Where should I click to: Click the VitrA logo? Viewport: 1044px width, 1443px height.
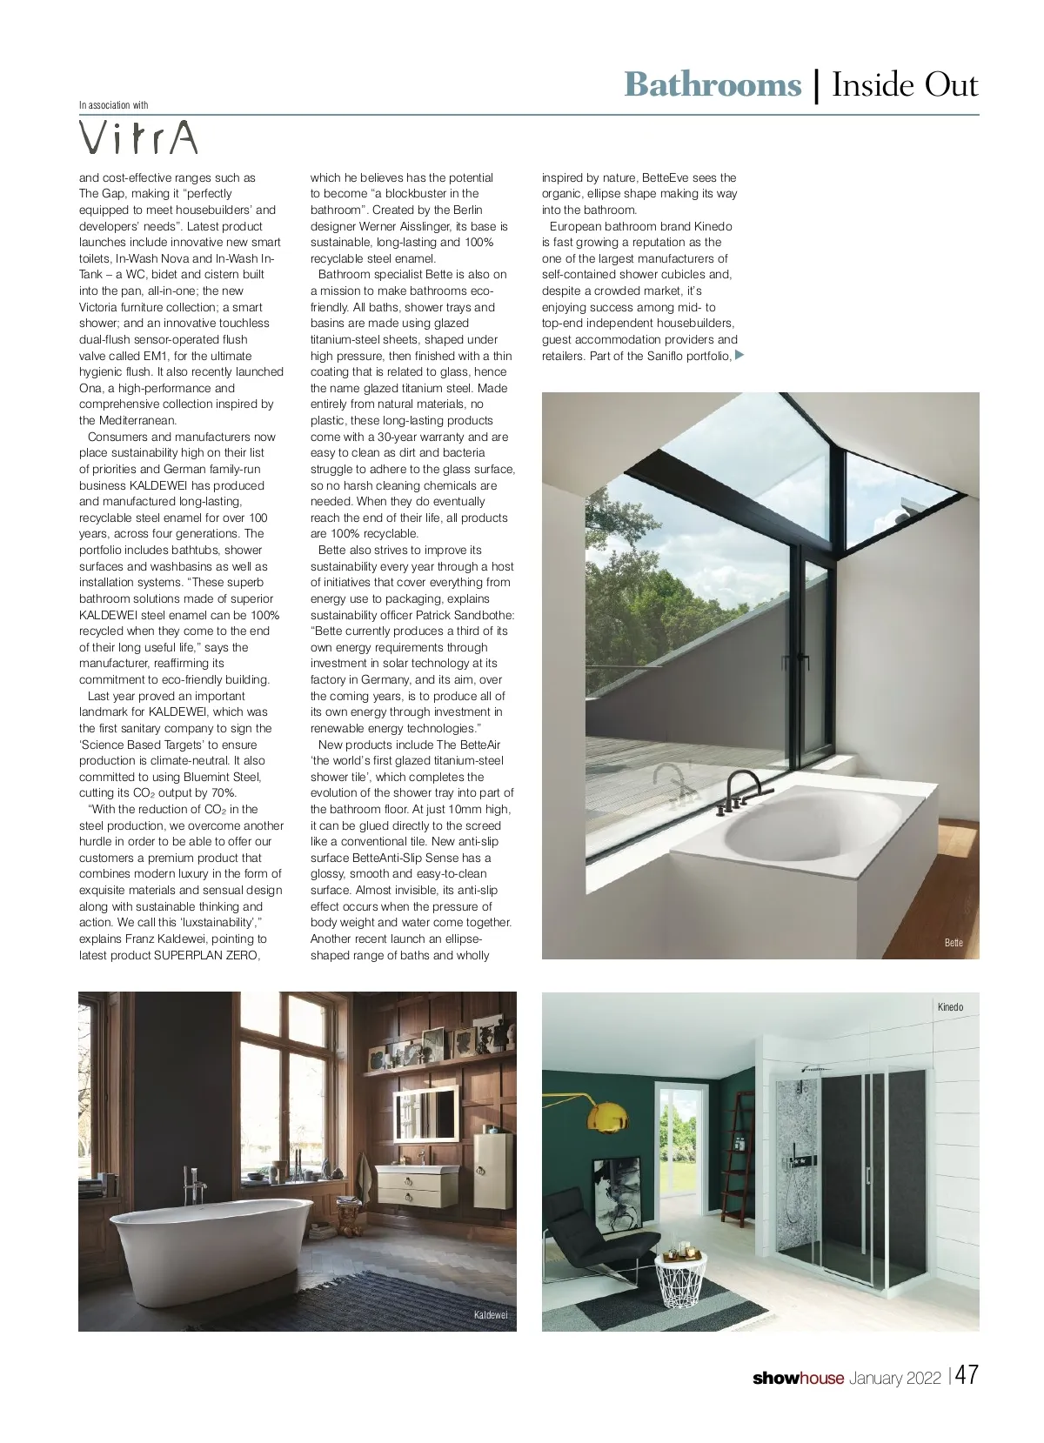point(138,137)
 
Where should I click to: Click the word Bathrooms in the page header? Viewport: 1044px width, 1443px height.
point(712,85)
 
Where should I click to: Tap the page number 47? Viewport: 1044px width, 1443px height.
point(967,1375)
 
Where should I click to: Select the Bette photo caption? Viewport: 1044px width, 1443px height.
point(954,943)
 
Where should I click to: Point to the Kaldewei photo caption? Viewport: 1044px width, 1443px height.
point(490,1314)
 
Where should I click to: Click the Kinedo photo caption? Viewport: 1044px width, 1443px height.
point(950,1007)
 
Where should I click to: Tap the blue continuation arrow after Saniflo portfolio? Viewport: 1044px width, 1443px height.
point(739,355)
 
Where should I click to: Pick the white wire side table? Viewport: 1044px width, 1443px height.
point(681,1281)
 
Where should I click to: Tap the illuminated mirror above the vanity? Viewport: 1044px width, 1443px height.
point(427,1117)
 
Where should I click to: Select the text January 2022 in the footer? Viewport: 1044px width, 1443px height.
point(895,1378)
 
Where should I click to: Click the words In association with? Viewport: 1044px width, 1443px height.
point(113,105)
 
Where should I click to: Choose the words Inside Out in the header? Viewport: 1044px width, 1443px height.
point(905,85)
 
